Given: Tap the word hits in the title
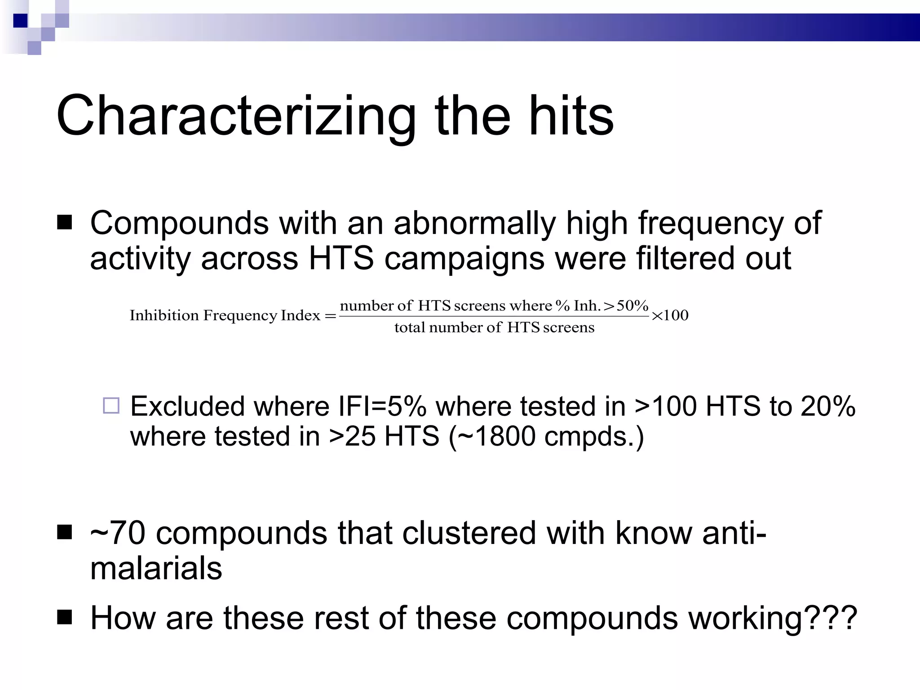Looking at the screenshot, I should pyautogui.click(x=571, y=116).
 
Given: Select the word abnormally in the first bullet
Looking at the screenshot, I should pyautogui.click(x=474, y=223).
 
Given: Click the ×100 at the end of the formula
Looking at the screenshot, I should pyautogui.click(x=670, y=315).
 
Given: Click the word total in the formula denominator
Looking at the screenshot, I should pyautogui.click(x=409, y=327).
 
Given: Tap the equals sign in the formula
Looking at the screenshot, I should pyautogui.click(x=330, y=316).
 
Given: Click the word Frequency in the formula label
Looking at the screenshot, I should pyautogui.click(x=240, y=316).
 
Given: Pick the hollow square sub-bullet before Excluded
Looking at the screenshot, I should pyautogui.click(x=111, y=406).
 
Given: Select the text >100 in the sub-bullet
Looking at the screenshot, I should pyautogui.click(x=667, y=407).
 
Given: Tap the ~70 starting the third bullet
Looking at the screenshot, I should pyautogui.click(x=118, y=533).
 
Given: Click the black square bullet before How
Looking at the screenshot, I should pyautogui.click(x=65, y=617).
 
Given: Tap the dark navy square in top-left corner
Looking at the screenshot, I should pyautogui.click(x=21, y=21).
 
